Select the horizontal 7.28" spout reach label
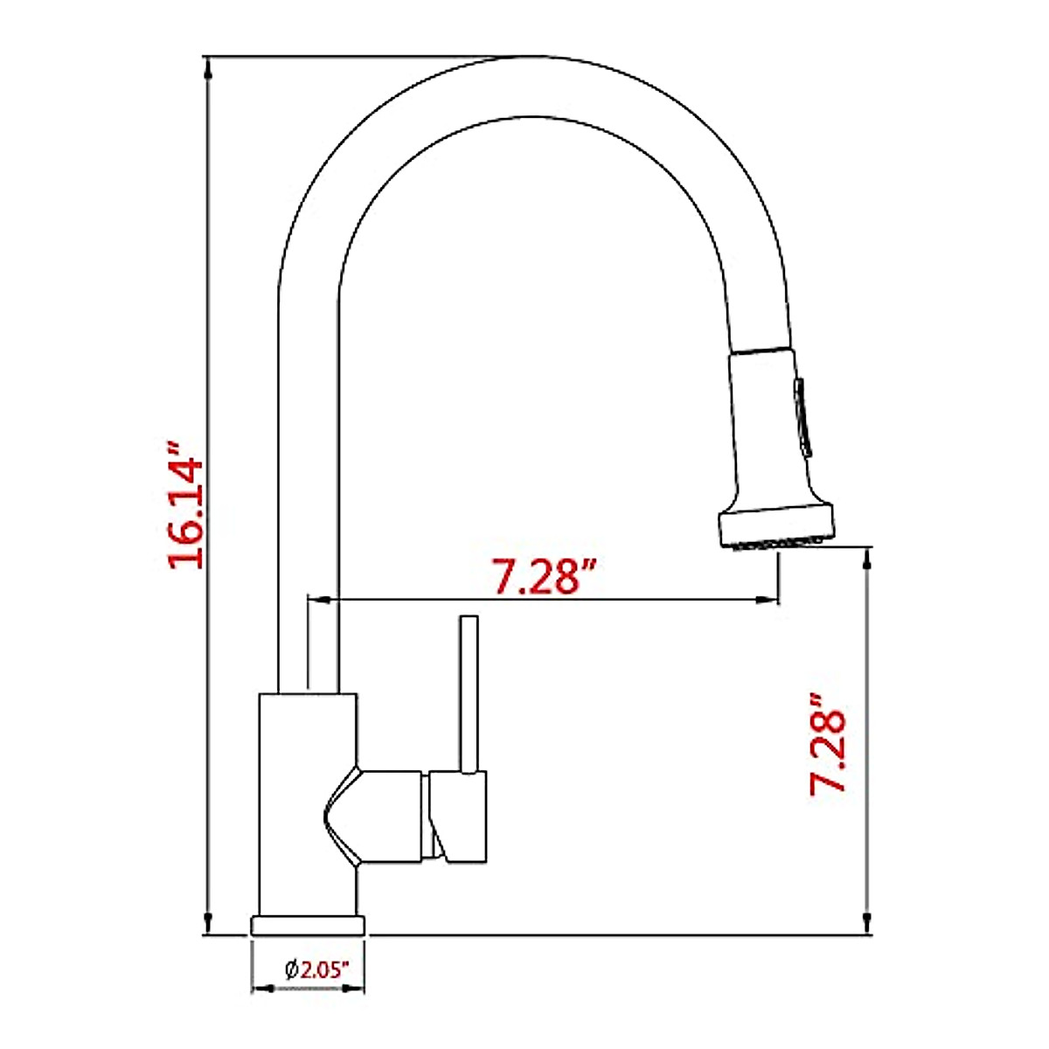point(545,576)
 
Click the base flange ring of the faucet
point(308,925)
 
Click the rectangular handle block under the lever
point(458,816)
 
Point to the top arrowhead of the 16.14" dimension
point(208,66)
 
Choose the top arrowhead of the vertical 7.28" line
point(866,556)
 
